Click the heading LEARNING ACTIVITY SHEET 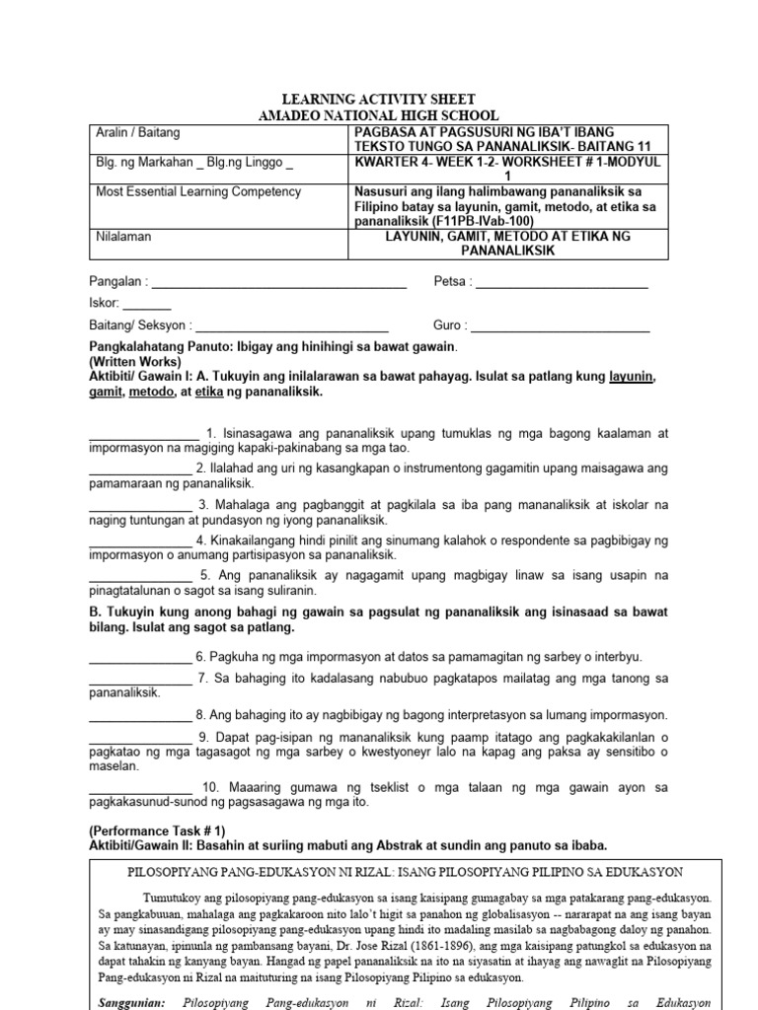tap(378, 100)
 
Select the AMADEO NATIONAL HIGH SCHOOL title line tap(378, 115)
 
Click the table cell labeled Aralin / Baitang tap(137, 132)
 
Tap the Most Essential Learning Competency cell tap(198, 191)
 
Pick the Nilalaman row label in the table tap(124, 237)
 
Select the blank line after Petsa tap(562, 282)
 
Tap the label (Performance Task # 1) tap(158, 830)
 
